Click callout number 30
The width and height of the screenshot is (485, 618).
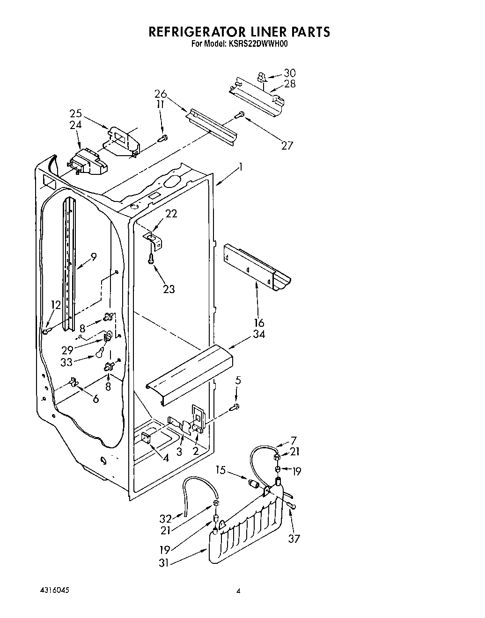290,73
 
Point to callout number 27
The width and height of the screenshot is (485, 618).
287,145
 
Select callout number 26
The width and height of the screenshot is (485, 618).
161,94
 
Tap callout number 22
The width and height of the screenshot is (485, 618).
172,213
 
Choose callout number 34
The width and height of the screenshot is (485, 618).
258,334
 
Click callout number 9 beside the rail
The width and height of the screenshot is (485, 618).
94,256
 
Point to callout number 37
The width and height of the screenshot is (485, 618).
294,539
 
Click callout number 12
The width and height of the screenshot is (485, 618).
56,305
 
